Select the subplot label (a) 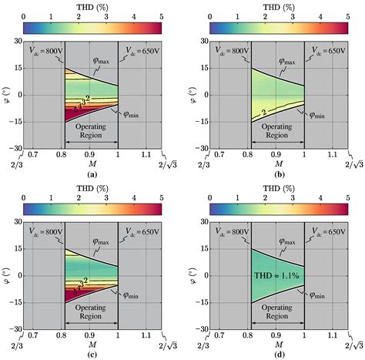[92, 175]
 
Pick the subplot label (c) [92, 355]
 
